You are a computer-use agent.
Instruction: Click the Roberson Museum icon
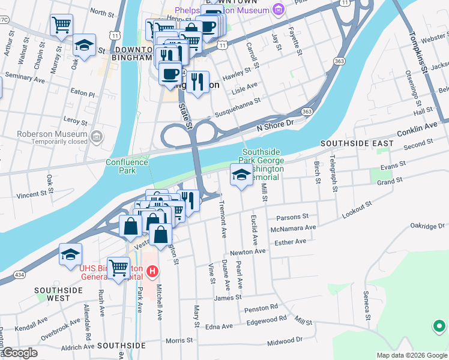[x=96, y=138]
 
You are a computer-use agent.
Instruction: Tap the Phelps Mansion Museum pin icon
[x=277, y=10]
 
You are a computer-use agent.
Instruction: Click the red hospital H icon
[x=152, y=272]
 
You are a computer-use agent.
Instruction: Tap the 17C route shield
[x=3, y=20]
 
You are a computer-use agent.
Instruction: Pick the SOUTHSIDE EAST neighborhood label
[x=357, y=143]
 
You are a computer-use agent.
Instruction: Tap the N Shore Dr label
[x=274, y=124]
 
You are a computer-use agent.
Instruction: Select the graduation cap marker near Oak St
[x=85, y=45]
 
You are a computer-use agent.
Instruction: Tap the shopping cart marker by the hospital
[x=118, y=266]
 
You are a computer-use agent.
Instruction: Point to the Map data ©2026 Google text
[x=411, y=355]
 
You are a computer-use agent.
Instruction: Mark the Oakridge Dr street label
[x=427, y=226]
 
